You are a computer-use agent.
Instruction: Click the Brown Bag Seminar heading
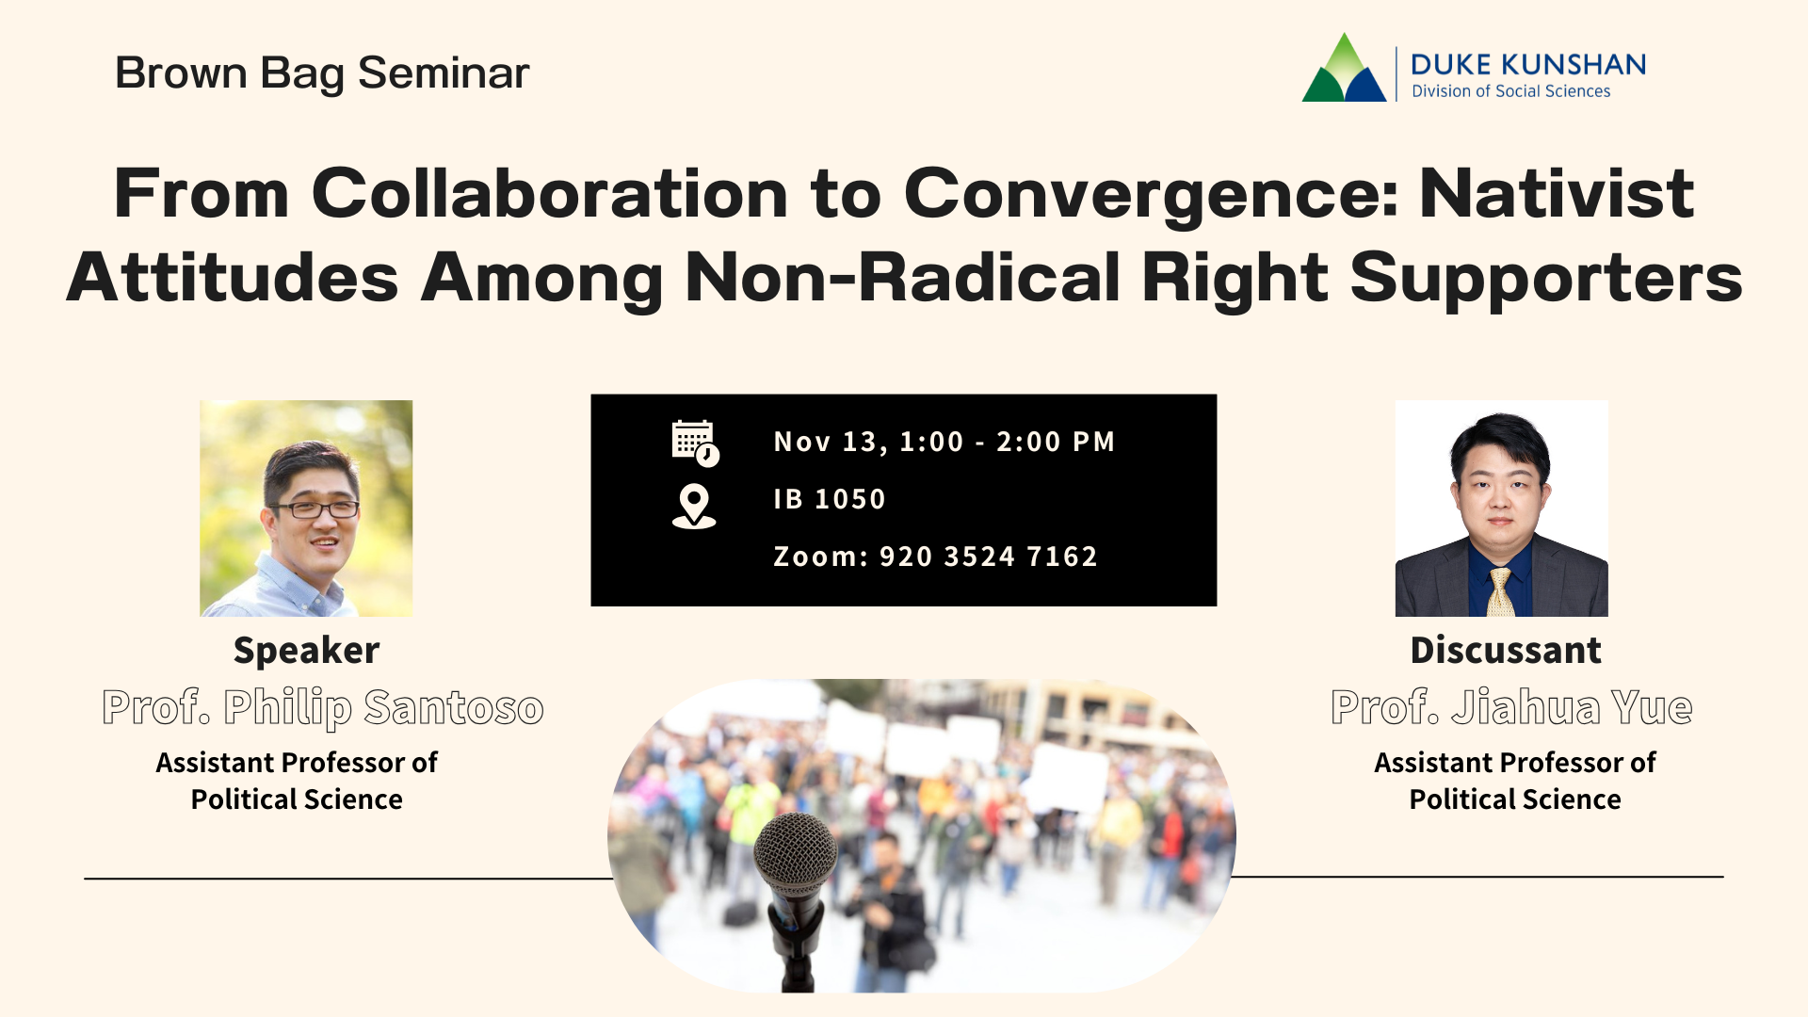pos(322,73)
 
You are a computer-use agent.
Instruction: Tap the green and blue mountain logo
pos(1344,70)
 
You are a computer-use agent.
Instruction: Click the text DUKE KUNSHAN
pos(1527,64)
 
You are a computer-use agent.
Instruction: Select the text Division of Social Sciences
pos(1510,91)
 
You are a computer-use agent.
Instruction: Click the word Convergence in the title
pos(1151,194)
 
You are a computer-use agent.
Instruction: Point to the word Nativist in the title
pos(1556,194)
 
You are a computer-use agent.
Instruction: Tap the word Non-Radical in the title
pos(902,278)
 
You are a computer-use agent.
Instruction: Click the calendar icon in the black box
pos(695,443)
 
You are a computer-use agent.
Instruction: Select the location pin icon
pos(694,506)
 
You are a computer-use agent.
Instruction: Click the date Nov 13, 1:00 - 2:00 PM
pos(944,442)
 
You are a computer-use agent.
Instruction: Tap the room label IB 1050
pos(830,499)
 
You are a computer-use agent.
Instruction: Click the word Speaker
pos(306,651)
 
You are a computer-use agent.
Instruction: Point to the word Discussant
pos(1505,651)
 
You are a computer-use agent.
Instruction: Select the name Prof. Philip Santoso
pos(323,707)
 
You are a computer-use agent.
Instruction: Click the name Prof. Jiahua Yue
pos(1510,707)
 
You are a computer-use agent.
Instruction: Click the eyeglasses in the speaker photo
pos(315,509)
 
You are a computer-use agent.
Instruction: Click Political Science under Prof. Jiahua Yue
pos(1514,799)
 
